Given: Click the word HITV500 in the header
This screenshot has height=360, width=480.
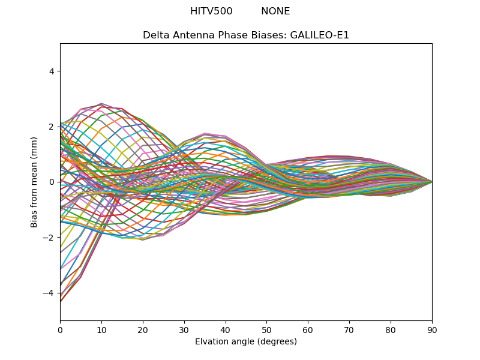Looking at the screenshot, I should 211,11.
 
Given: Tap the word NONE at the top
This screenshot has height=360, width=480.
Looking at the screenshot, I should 275,11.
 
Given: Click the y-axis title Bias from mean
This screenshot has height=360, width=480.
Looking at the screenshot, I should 35,182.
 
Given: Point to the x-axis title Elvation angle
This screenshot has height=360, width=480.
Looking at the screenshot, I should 246,342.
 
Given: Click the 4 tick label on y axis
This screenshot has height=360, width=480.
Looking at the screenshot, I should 52,71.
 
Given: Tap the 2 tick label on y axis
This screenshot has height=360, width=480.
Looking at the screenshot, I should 52,127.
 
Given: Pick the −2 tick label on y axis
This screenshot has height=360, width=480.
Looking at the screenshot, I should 49,238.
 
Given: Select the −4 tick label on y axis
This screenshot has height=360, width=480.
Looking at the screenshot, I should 49,293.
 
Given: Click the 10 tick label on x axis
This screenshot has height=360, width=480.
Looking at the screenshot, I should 101,329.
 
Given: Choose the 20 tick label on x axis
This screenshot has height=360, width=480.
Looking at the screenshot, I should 143,329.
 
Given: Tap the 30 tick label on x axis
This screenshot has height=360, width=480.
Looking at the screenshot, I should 184,329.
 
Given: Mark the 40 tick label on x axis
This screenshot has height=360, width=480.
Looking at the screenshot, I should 226,329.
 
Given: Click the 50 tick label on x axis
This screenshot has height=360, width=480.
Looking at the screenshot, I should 266,329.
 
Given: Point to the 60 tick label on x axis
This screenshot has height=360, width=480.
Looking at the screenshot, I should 308,329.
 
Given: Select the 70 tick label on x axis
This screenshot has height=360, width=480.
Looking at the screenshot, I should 349,329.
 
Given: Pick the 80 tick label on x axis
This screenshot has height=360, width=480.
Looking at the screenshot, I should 391,329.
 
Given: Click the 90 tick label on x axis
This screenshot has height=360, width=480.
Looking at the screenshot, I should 432,329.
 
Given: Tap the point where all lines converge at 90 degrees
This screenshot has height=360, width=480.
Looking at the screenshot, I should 432,182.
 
